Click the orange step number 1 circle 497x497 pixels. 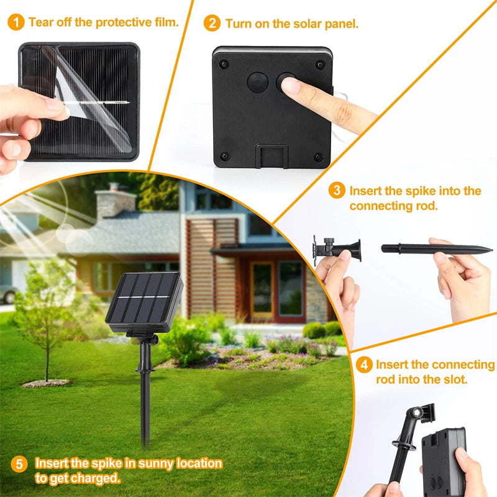[17, 23]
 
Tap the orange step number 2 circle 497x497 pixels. [212, 24]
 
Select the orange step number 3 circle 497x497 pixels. [337, 191]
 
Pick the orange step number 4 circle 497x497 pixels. [364, 365]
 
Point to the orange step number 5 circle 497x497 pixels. [20, 464]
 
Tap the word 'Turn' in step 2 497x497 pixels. [240, 24]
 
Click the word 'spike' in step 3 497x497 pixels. [431, 191]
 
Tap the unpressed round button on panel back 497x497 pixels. [257, 82]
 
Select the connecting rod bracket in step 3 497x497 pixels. [335, 248]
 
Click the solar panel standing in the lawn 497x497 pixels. [144, 299]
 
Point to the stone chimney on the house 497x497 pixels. [115, 202]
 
